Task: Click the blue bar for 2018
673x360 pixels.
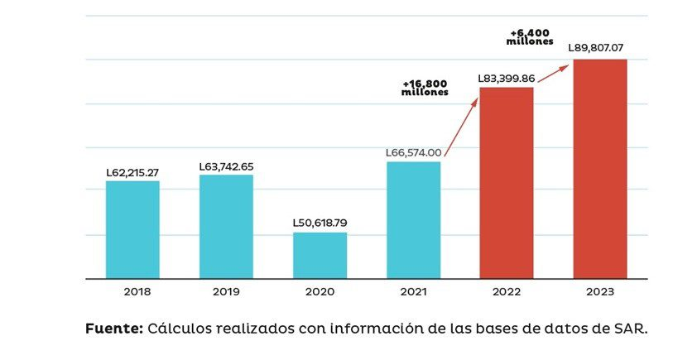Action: [132, 230]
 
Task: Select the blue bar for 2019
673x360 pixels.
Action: [226, 227]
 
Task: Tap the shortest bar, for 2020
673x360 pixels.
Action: [320, 256]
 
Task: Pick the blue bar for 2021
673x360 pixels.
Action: [413, 220]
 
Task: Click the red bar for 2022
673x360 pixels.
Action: [507, 183]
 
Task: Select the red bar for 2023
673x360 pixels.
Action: [600, 169]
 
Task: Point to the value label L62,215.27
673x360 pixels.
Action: [132, 173]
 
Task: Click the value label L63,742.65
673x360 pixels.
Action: [226, 166]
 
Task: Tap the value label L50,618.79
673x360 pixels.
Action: [320, 223]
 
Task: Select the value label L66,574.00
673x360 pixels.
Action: [413, 153]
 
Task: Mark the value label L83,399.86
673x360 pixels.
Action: [507, 79]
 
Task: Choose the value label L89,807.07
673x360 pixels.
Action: [600, 48]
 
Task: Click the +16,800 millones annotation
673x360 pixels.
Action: [425, 89]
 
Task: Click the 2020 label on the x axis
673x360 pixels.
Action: [320, 292]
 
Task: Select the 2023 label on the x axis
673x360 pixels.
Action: [600, 292]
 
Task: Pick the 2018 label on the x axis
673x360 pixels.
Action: [132, 292]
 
